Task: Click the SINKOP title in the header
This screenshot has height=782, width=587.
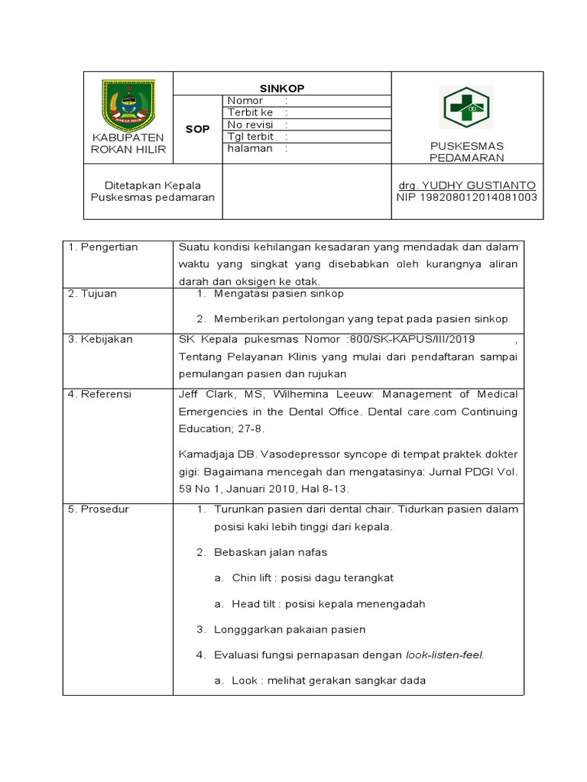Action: point(282,89)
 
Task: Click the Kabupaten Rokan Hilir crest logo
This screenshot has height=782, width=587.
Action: point(128,104)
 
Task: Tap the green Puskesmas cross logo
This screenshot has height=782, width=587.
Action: point(466,108)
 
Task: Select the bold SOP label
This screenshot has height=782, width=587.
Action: point(197,129)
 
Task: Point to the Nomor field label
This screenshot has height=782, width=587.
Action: point(245,101)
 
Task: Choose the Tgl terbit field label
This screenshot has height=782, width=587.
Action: point(245,137)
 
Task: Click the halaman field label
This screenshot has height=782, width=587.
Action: point(249,148)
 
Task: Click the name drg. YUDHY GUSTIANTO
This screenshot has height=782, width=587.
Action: point(466,186)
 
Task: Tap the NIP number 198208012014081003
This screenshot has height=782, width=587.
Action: point(466,197)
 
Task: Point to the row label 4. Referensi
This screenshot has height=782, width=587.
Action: point(101,394)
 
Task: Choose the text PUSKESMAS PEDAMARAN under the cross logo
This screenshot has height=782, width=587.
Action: point(466,152)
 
